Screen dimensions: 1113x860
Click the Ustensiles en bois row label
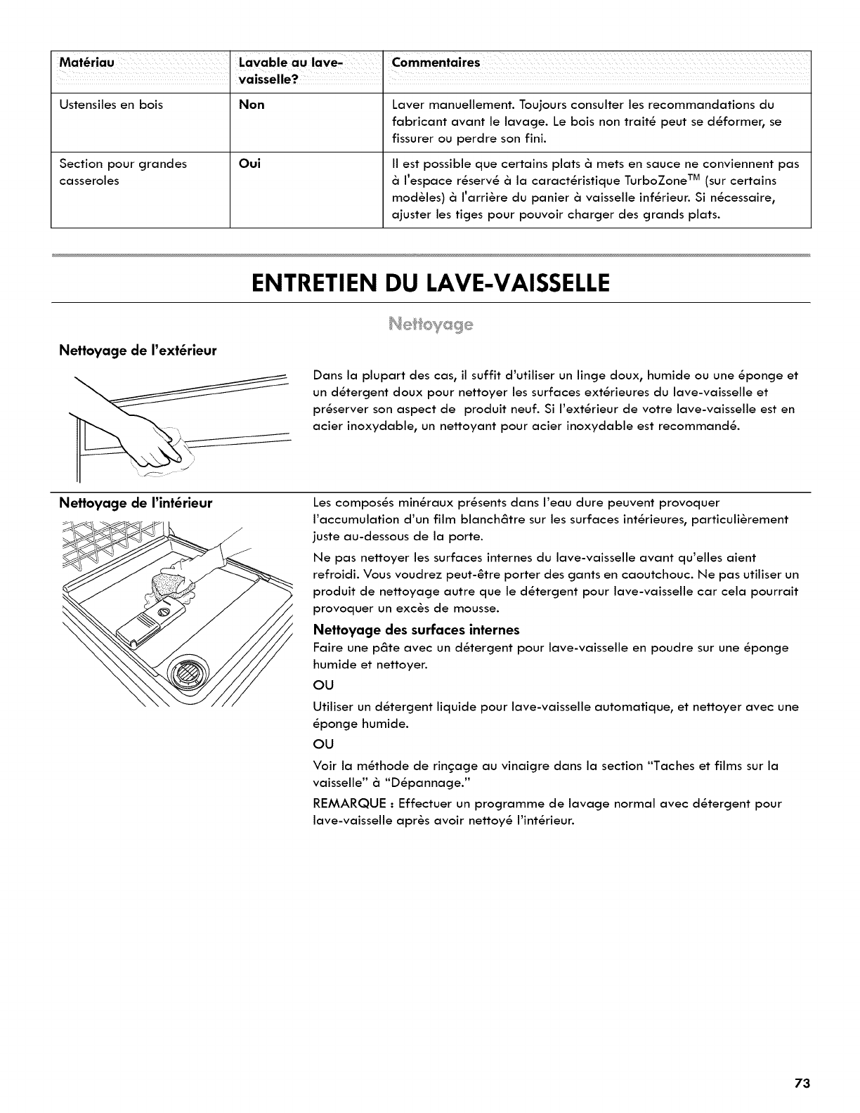tap(111, 105)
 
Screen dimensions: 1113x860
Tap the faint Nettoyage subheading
tap(431, 325)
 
